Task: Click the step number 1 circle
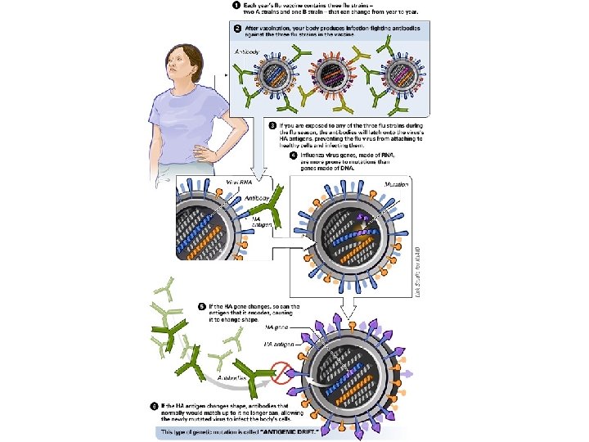point(235,5)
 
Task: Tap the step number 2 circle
point(236,28)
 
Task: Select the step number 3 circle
point(273,126)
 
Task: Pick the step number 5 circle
point(202,307)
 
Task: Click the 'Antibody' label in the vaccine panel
point(246,51)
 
